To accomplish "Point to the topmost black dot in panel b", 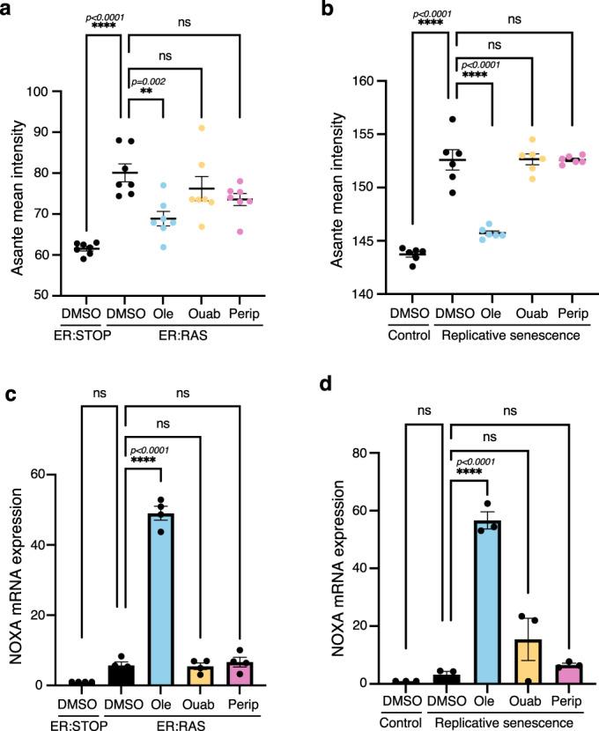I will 454,120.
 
